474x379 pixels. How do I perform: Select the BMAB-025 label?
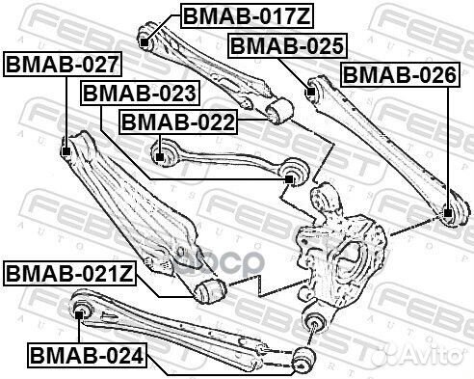(273, 44)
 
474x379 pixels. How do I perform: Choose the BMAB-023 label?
(140, 93)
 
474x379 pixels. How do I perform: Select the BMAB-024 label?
(87, 356)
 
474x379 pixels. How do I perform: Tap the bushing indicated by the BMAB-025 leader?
(312, 93)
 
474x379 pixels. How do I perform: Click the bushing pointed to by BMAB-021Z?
(209, 289)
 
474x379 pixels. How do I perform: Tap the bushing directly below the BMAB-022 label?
(161, 150)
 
